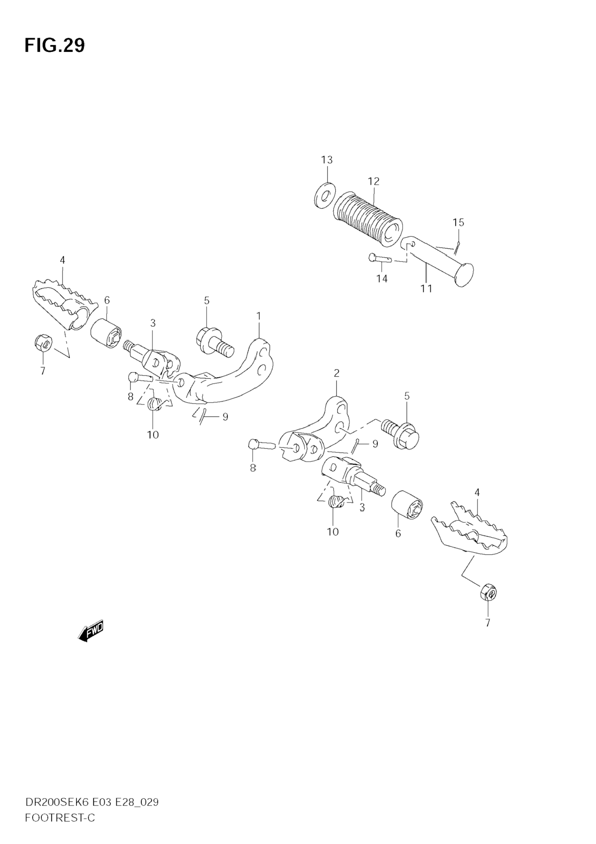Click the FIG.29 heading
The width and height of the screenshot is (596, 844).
click(x=55, y=46)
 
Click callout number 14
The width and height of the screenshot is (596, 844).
click(x=382, y=279)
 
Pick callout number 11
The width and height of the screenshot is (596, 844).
click(x=427, y=288)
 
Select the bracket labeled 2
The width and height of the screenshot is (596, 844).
click(x=324, y=426)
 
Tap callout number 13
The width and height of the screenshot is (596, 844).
click(x=327, y=160)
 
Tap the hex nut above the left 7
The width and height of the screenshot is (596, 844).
click(x=43, y=342)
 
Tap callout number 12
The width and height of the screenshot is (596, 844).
click(x=373, y=181)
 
